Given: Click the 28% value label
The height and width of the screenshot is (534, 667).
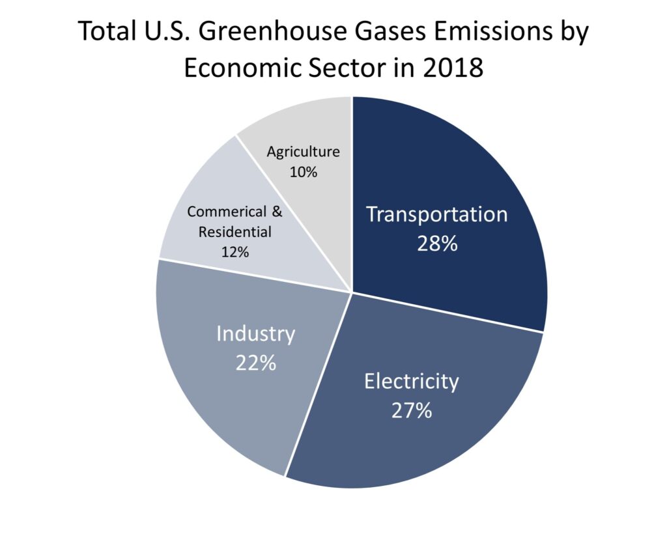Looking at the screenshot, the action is pos(437,244).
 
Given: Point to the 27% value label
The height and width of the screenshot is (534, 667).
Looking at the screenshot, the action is pos(412,410).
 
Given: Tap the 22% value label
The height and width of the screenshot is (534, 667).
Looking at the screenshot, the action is pos(255,363).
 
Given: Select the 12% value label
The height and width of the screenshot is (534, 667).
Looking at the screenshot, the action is pos(234,252).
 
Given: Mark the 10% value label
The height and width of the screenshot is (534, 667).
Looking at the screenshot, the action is pos(304,172).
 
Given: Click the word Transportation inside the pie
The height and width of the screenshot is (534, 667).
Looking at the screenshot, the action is pos(437,214).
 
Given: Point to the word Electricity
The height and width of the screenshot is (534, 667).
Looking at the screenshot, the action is pos(412,382).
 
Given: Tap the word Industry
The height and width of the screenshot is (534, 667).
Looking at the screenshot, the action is pos(255,333).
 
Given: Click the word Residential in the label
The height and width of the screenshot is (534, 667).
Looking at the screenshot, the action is pos(234,232).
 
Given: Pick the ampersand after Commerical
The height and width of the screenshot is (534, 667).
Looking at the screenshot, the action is pos(277,211).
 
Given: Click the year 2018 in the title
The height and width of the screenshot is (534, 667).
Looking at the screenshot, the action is pos(453,68).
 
